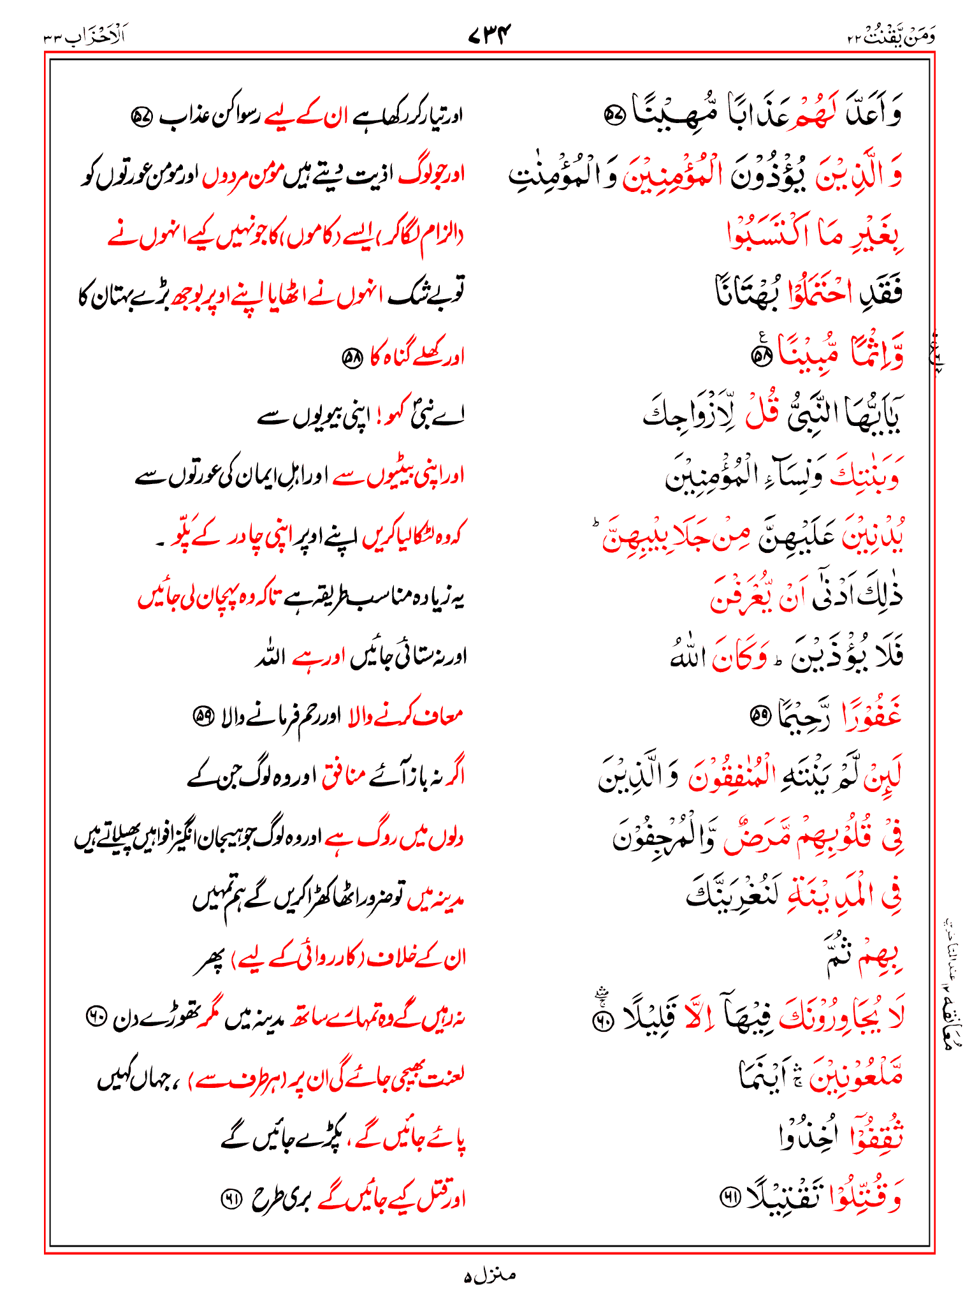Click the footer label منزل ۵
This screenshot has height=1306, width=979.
(x=489, y=1275)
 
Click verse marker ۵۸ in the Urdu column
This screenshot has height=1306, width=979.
(x=352, y=357)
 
